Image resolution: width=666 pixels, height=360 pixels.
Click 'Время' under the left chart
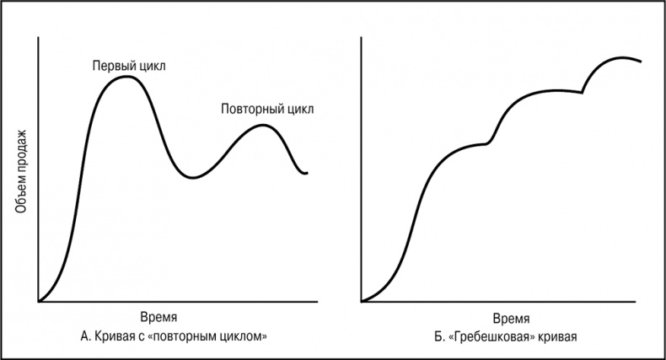click(159, 319)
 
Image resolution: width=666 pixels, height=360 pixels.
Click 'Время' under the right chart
click(511, 319)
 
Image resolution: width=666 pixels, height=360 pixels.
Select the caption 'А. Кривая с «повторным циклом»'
click(174, 337)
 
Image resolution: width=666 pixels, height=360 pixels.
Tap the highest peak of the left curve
click(126, 77)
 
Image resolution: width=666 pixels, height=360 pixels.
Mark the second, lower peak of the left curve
click(263, 125)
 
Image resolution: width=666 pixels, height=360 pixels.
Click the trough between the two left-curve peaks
click(193, 177)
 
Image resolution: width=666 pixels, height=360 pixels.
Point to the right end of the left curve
click(308, 172)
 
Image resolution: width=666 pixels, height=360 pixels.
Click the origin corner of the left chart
click(39, 301)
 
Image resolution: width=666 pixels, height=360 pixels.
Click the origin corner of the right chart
click(361, 301)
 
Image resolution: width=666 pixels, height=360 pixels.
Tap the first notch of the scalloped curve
click(488, 144)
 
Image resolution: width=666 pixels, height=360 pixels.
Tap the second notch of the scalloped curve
click(583, 92)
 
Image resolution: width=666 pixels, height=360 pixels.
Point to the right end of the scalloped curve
click(642, 62)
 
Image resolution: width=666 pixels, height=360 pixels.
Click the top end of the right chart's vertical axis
click(361, 38)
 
